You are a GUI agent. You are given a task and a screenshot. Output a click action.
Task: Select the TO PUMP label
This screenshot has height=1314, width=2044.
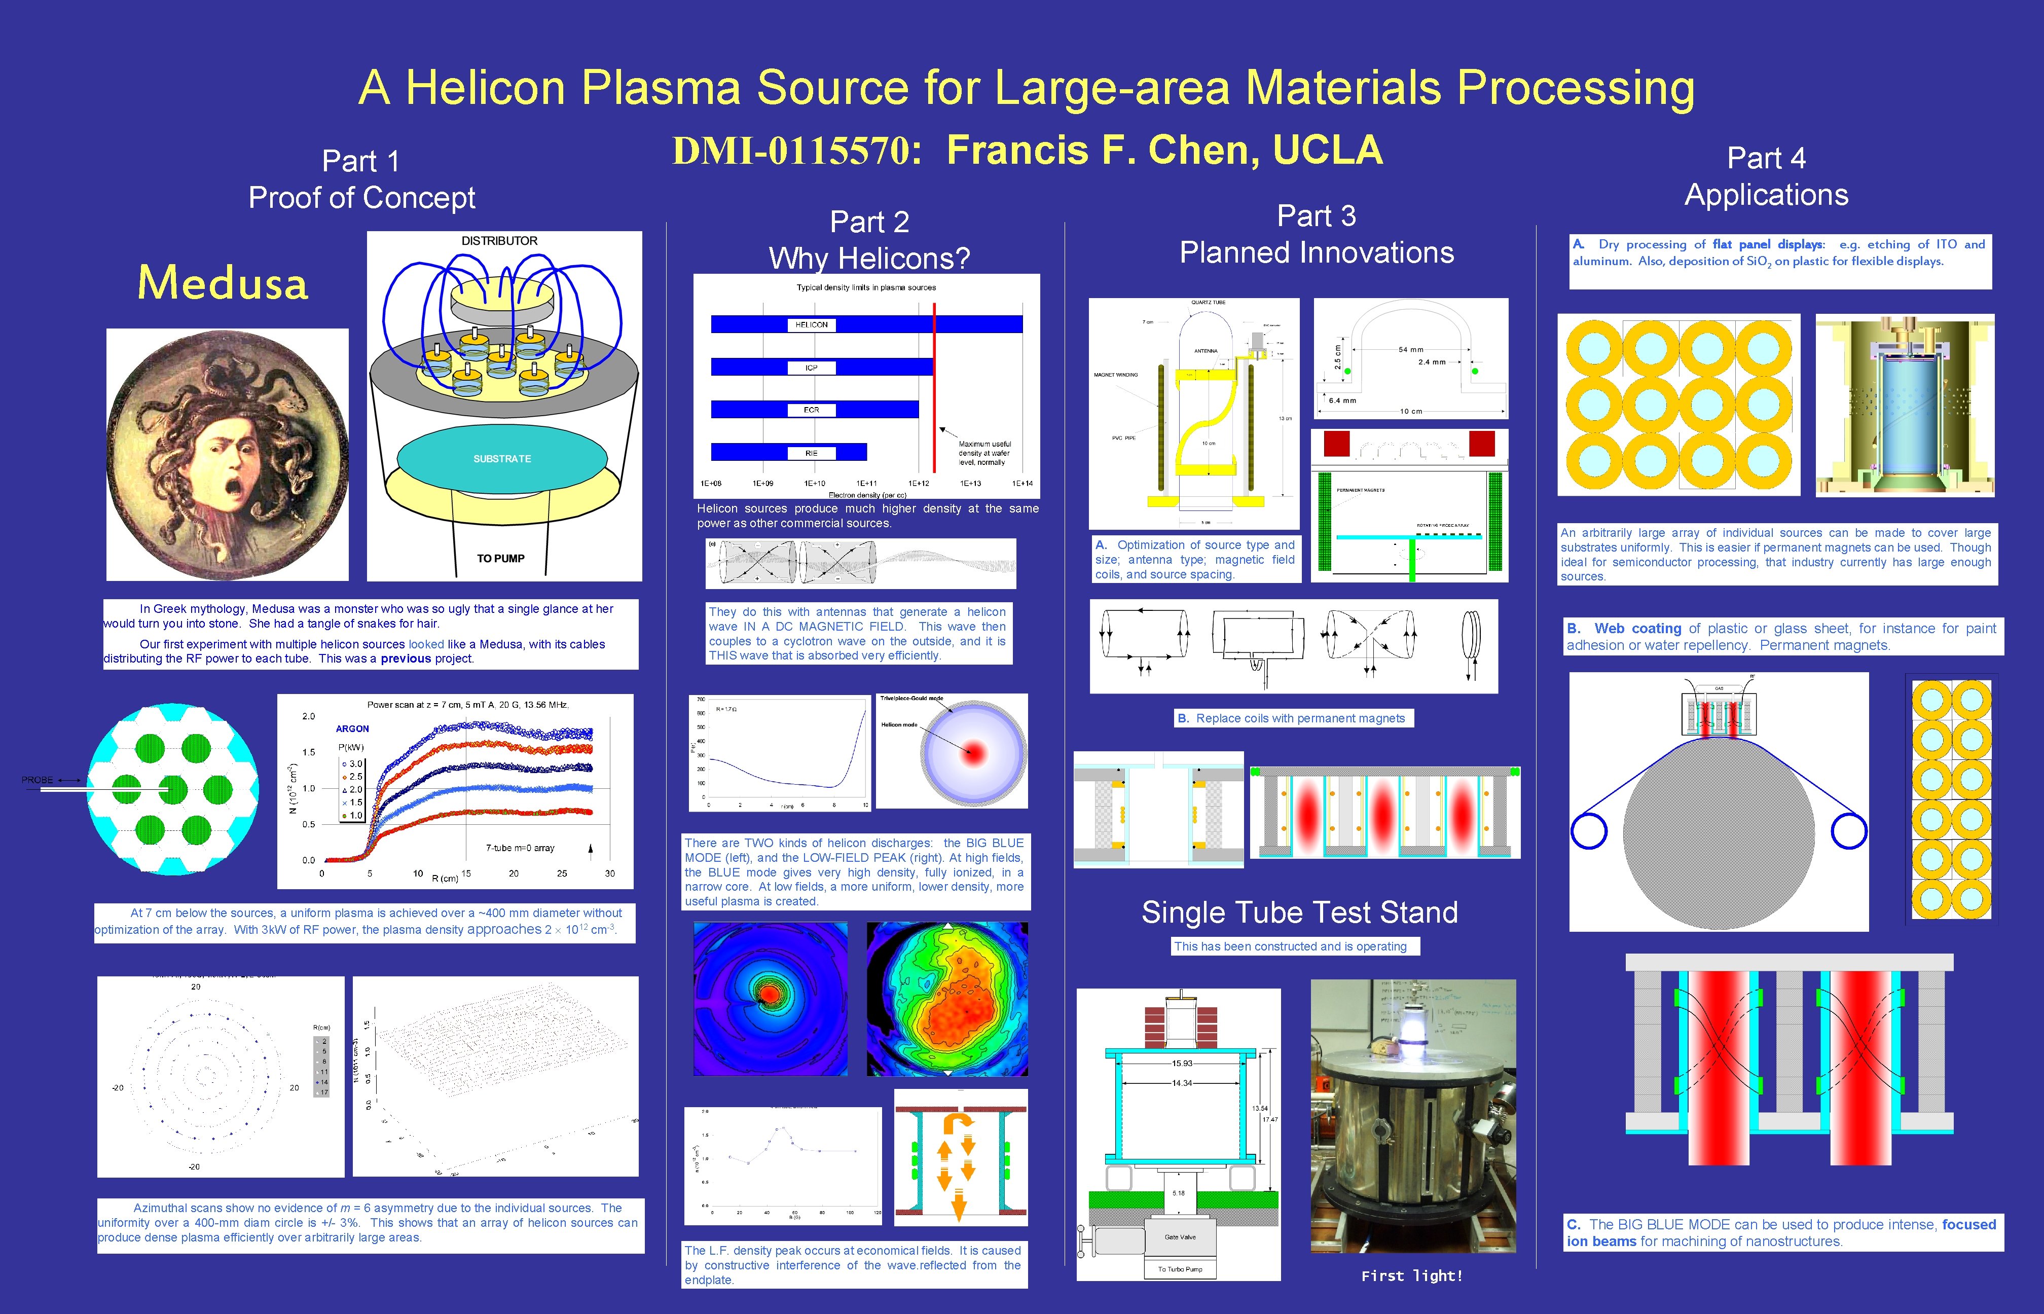501,559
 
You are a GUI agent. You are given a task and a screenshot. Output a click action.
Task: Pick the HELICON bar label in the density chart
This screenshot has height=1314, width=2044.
811,325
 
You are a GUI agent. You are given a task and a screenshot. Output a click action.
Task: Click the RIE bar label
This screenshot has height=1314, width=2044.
811,453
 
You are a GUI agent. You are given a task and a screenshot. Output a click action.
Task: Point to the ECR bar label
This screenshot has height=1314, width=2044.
811,411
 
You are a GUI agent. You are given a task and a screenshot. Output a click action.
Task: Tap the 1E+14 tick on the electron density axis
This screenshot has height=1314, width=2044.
1022,484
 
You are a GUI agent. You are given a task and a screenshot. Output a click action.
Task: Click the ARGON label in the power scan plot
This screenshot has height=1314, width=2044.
352,728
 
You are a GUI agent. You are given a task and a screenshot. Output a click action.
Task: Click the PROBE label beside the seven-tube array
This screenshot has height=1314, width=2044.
38,780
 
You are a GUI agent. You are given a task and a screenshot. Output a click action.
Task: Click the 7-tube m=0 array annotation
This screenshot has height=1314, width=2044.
520,848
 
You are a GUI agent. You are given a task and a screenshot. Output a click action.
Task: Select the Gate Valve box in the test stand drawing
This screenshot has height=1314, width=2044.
1180,1236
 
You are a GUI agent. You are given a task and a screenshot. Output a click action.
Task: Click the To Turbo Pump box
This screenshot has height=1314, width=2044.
1180,1269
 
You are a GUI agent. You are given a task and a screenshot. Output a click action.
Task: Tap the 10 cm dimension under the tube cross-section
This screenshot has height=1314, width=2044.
1410,411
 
